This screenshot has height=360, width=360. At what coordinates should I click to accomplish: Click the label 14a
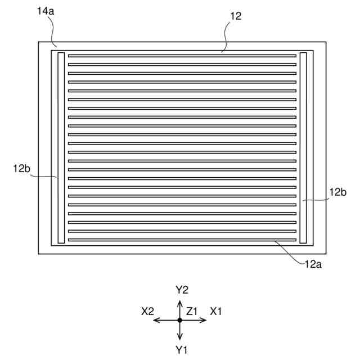point(46,11)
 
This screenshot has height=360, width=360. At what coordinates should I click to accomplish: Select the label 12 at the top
point(236,16)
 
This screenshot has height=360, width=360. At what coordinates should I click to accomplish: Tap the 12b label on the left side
point(21,168)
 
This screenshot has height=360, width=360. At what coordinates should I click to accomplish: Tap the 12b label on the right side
point(337,192)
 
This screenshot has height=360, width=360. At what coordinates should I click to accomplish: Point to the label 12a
point(314,263)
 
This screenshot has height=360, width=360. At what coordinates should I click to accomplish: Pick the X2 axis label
point(148,311)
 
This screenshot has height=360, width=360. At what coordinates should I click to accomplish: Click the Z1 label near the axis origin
point(192,311)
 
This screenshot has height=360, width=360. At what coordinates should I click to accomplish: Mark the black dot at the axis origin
point(180,320)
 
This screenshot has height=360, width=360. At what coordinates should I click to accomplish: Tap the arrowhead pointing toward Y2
point(180,303)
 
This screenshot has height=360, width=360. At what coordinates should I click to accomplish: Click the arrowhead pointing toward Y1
point(180,337)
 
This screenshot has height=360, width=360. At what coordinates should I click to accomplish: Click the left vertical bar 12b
point(61,148)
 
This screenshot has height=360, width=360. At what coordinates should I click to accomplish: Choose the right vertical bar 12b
point(303,148)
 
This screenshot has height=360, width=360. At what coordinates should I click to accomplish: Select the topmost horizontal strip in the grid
point(182,56)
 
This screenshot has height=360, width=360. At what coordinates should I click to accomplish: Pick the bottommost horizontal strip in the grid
point(182,240)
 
